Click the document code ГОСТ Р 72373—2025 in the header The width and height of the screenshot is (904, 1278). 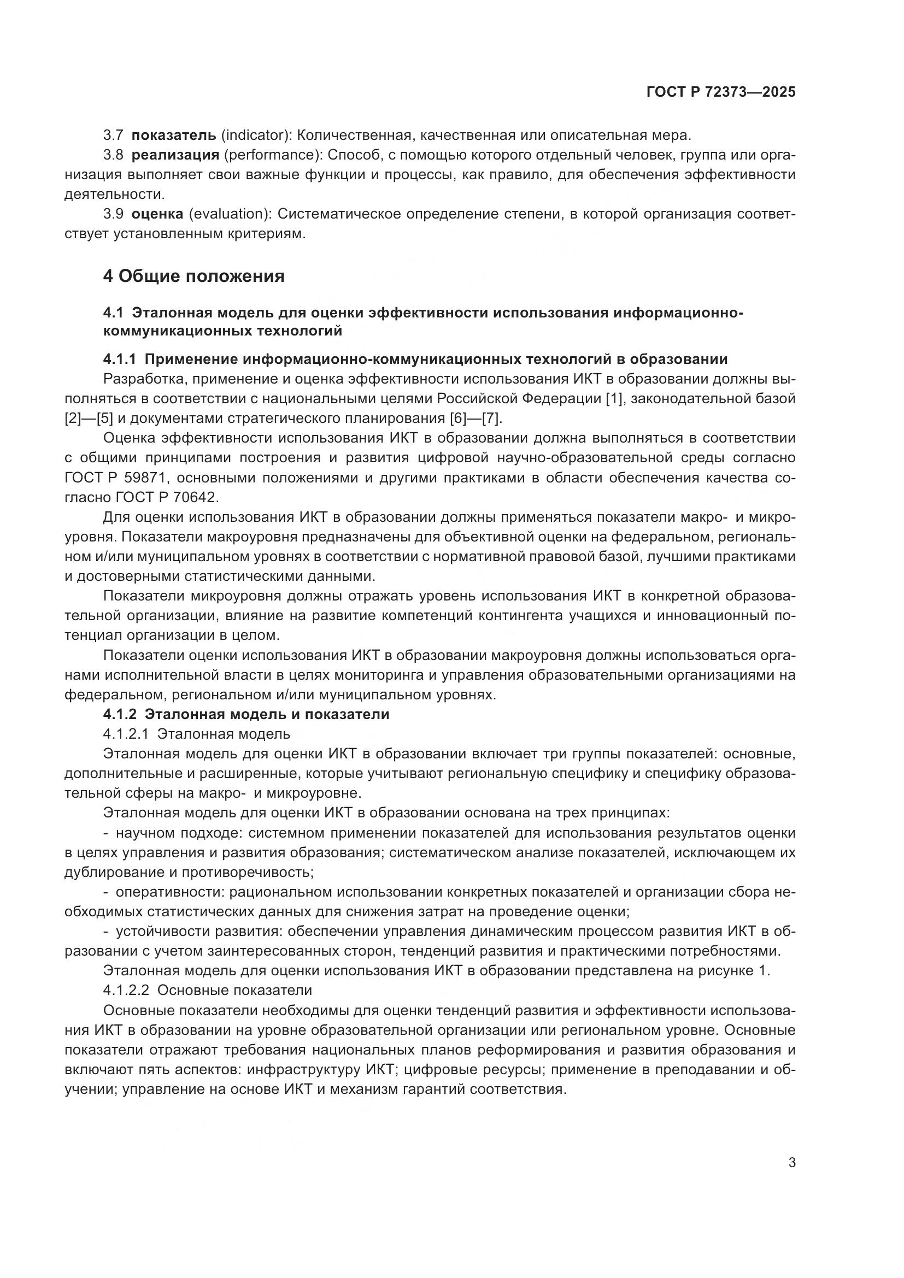(x=721, y=92)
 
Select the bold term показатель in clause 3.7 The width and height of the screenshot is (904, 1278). (x=174, y=136)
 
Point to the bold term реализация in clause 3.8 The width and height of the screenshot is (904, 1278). (x=175, y=155)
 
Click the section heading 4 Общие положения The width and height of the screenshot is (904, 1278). (x=193, y=276)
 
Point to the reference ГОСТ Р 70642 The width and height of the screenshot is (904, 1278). (x=173, y=497)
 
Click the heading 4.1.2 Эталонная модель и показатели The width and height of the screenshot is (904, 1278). (x=246, y=714)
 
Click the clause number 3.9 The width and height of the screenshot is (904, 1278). (x=113, y=214)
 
